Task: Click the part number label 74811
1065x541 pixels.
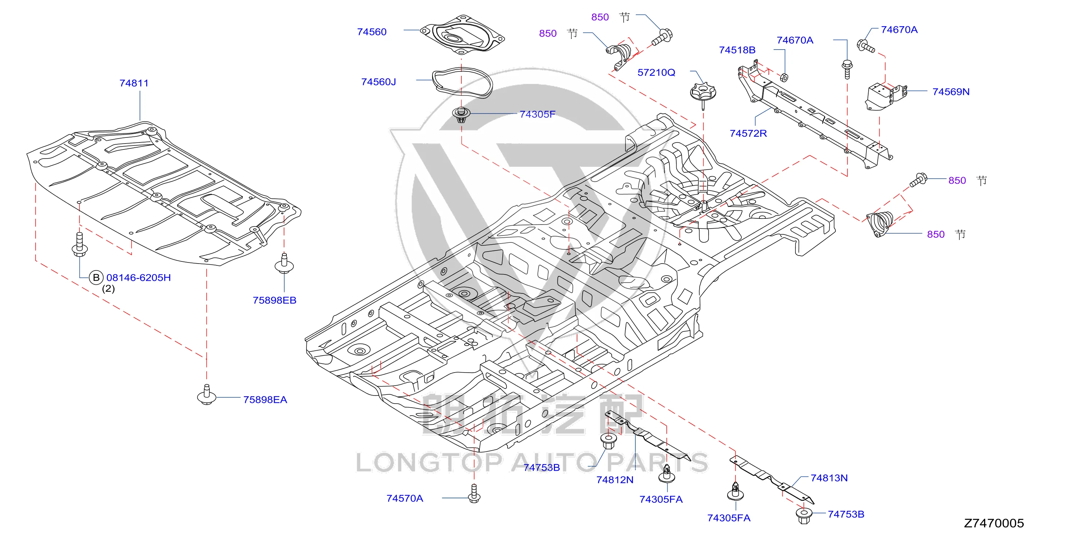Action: pyautogui.click(x=134, y=83)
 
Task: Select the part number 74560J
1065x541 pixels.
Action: pyautogui.click(x=378, y=82)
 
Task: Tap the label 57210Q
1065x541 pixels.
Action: pyautogui.click(x=656, y=73)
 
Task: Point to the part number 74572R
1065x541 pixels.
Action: pyautogui.click(x=748, y=133)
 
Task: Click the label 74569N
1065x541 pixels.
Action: pyautogui.click(x=951, y=92)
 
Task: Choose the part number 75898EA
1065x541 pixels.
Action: pyautogui.click(x=265, y=400)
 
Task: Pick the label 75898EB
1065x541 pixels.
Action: pyautogui.click(x=274, y=300)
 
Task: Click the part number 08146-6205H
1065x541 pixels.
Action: pyautogui.click(x=138, y=277)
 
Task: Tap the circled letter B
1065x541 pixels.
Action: pyautogui.click(x=96, y=277)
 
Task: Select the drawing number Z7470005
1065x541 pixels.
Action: pyautogui.click(x=994, y=523)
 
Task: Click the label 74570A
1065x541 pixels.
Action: pyautogui.click(x=405, y=498)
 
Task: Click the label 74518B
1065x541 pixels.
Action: pyautogui.click(x=737, y=50)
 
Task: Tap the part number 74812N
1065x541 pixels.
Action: pyautogui.click(x=615, y=480)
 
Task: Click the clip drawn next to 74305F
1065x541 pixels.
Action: pyautogui.click(x=461, y=114)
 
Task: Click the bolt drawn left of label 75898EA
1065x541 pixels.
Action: pyautogui.click(x=207, y=394)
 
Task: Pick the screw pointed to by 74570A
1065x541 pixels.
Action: pyautogui.click(x=474, y=494)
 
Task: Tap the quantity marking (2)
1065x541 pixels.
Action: pyautogui.click(x=108, y=289)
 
